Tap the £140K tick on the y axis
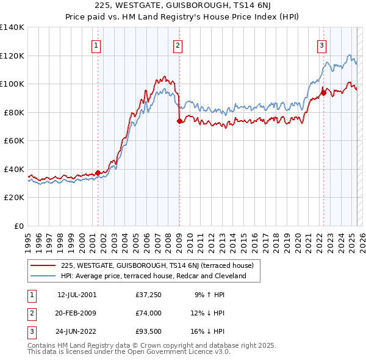point(12,27)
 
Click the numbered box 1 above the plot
point(96,45)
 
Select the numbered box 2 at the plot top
point(178,45)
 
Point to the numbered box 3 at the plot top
point(321,45)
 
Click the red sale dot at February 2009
point(179,121)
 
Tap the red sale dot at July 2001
point(98,173)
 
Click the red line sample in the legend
point(43,265)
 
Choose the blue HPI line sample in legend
point(43,276)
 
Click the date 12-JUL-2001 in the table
point(77,295)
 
